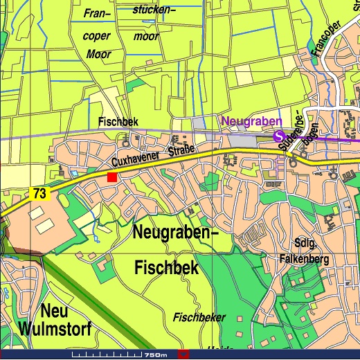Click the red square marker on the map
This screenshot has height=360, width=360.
[111, 178]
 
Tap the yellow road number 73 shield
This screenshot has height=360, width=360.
[39, 195]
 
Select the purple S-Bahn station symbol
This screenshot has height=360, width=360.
[279, 136]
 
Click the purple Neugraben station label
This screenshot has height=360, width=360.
[251, 121]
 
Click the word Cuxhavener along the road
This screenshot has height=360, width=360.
[136, 161]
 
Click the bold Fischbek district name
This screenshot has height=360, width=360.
[167, 267]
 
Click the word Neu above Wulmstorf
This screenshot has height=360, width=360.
[53, 309]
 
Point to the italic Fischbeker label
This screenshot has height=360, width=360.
[199, 318]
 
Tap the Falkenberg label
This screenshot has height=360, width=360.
[304, 260]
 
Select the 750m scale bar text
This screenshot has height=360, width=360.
[154, 355]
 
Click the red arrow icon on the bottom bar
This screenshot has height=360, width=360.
[183, 354]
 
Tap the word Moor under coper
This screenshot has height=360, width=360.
[99, 54]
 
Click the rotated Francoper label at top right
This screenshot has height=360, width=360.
[327, 38]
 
